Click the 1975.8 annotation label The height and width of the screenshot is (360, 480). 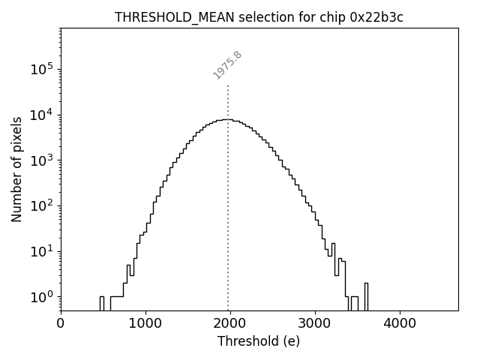click(227, 64)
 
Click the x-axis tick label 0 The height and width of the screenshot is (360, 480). click(61, 324)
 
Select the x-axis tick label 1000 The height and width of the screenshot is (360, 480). click(145, 324)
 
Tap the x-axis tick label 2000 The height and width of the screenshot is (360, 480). click(230, 324)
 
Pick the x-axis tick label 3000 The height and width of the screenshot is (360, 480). click(315, 324)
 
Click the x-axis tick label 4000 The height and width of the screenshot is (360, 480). click(400, 324)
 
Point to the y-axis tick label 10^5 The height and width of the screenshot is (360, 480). click(41, 70)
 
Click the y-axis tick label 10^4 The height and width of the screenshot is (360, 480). click(41, 115)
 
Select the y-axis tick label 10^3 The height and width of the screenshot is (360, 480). click(41, 160)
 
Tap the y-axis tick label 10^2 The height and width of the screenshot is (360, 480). click(41, 206)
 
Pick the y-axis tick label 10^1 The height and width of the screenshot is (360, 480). click(41, 251)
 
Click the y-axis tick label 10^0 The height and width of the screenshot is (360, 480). click(41, 297)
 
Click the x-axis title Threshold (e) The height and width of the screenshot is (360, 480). click(259, 341)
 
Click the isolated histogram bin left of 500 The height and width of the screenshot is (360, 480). click(101, 303)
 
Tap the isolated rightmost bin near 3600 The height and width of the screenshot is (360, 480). click(366, 296)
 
